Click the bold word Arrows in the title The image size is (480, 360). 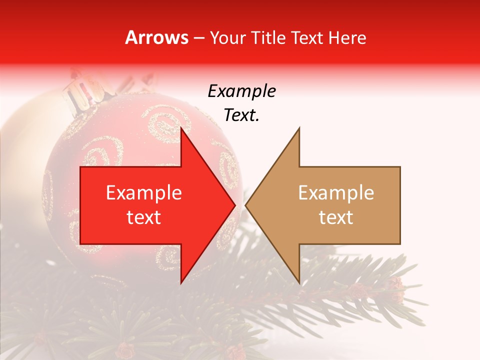(x=157, y=38)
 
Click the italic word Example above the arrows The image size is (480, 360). (x=241, y=91)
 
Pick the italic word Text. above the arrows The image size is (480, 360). (x=241, y=115)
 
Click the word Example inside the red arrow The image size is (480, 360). (x=144, y=193)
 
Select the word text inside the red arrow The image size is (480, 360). (x=144, y=217)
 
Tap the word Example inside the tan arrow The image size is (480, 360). (x=336, y=193)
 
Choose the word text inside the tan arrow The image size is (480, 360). (x=336, y=217)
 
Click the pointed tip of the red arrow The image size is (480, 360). (x=235, y=205)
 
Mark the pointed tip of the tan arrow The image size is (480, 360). (x=245, y=205)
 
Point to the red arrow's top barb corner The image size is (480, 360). (x=181, y=128)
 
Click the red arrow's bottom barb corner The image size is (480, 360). (x=181, y=283)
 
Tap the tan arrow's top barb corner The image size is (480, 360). (x=299, y=128)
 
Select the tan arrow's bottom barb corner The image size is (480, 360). (x=299, y=283)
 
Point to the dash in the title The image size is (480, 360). (x=198, y=38)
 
